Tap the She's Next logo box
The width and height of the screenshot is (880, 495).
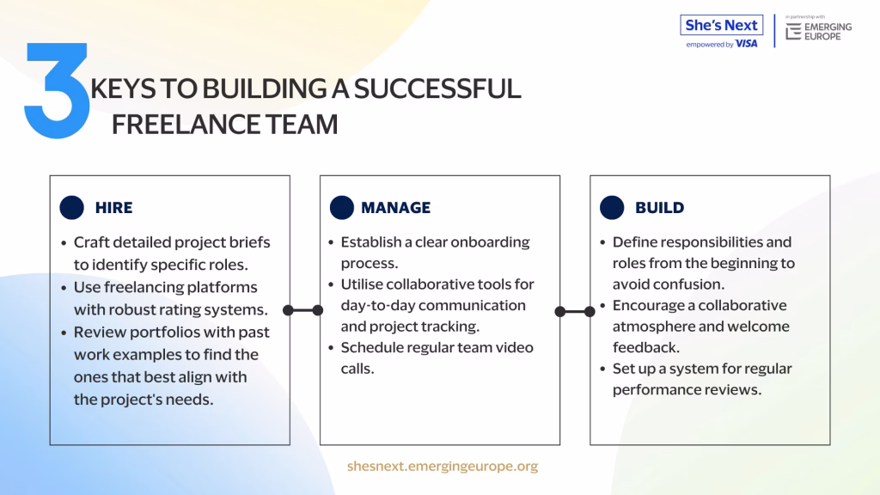722,25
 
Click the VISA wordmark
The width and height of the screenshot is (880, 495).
747,44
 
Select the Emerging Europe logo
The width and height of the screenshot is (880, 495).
818,32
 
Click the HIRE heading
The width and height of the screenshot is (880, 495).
114,208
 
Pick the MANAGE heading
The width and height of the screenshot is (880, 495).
395,208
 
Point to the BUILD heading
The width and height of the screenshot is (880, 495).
659,208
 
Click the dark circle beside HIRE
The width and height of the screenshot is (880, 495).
72,207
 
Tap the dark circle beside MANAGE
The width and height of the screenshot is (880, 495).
342,207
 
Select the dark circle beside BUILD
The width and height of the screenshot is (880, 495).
612,207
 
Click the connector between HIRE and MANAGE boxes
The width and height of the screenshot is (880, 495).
303,310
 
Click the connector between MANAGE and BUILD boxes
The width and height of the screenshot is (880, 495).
575,311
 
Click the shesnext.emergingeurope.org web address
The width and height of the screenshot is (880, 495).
443,466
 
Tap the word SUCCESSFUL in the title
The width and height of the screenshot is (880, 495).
437,89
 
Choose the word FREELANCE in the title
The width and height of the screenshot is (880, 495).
186,124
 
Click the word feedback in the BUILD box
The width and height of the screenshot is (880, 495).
646,347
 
